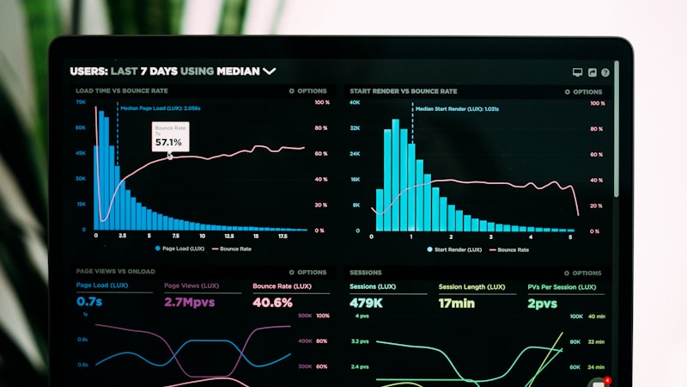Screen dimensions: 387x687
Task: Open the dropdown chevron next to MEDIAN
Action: pyautogui.click(x=270, y=71)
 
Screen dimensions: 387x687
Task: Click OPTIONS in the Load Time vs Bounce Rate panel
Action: pyautogui.click(x=308, y=91)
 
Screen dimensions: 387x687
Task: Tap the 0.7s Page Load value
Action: pyautogui.click(x=89, y=302)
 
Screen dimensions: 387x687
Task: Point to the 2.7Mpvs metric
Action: pyautogui.click(x=191, y=302)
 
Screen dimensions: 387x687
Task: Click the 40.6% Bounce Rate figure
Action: pyautogui.click(x=272, y=302)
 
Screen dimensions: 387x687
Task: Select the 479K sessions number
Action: pyautogui.click(x=366, y=303)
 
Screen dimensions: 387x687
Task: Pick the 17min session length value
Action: pyautogui.click(x=457, y=303)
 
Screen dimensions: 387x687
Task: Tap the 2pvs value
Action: pyautogui.click(x=542, y=303)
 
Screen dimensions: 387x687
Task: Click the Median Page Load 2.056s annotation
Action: pyautogui.click(x=161, y=108)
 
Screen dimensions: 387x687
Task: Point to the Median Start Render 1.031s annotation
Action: pyautogui.click(x=457, y=109)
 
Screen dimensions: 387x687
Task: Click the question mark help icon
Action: pyautogui.click(x=605, y=73)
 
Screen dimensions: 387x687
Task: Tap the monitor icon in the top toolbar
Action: pyautogui.click(x=577, y=73)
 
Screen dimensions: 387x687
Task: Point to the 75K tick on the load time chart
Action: pyautogui.click(x=80, y=102)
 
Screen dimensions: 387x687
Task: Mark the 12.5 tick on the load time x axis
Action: pyautogui.click(x=228, y=236)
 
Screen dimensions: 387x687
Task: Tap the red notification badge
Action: pyautogui.click(x=608, y=379)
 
